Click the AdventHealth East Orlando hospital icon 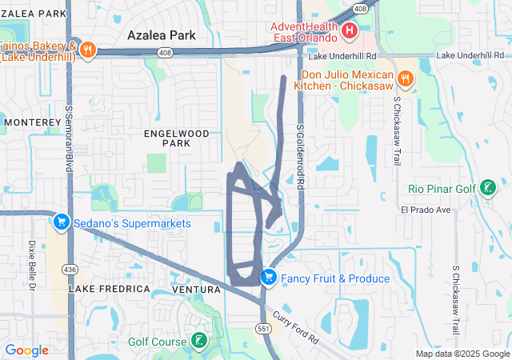(x=350, y=32)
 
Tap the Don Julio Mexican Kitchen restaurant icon (x=406, y=78)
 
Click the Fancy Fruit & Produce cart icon (x=269, y=278)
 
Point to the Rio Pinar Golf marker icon (x=486, y=189)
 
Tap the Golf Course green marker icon (x=197, y=342)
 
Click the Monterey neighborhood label (x=32, y=122)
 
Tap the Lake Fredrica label (x=110, y=288)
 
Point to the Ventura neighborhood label (x=196, y=288)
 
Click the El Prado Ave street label (x=426, y=210)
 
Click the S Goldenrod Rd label (x=302, y=156)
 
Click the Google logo (x=26, y=350)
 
